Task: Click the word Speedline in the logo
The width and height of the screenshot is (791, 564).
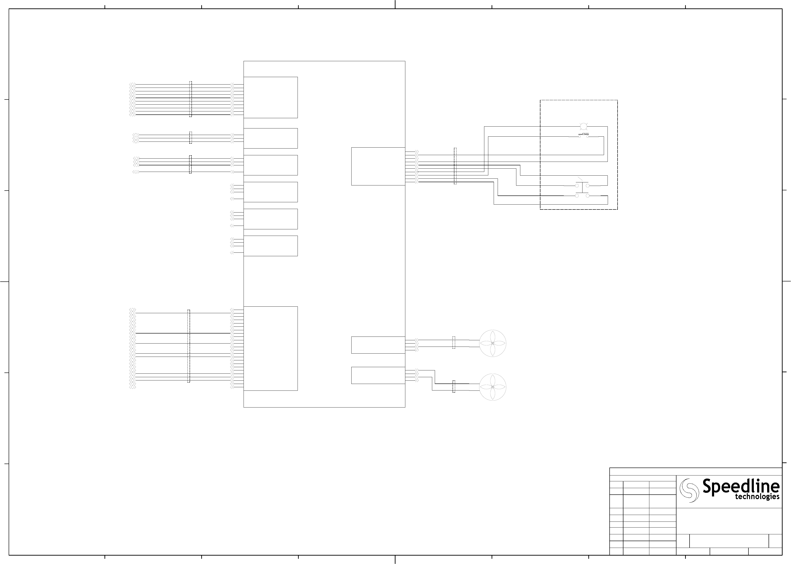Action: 741,486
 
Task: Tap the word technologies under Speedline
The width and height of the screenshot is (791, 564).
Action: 757,497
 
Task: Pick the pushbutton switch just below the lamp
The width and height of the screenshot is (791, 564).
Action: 583,135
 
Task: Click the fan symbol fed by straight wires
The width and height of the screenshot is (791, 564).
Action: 493,343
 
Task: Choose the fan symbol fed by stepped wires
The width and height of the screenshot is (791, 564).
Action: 493,387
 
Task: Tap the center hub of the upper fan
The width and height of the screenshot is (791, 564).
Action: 493,343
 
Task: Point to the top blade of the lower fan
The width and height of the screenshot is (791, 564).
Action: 493,380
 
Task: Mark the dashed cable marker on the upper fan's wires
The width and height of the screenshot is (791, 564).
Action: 453,342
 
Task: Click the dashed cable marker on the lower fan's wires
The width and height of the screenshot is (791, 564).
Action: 453,387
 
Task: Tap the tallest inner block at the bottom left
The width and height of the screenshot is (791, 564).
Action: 270,348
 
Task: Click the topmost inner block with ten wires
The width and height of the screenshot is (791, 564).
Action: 270,97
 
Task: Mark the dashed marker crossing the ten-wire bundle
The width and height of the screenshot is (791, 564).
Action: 191,99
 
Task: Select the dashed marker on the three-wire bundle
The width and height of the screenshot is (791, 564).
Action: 191,138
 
